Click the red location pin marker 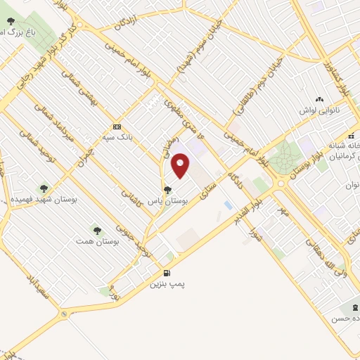(x=181, y=165)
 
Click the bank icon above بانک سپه (x=116, y=127)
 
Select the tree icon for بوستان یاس (x=167, y=188)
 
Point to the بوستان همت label (x=98, y=240)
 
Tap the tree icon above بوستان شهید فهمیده (x=44, y=188)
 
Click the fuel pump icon (x=167, y=274)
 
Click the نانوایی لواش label (x=321, y=110)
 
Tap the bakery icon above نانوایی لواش (x=320, y=99)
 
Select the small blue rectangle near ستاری (x=228, y=205)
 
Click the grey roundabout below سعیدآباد (x=65, y=314)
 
